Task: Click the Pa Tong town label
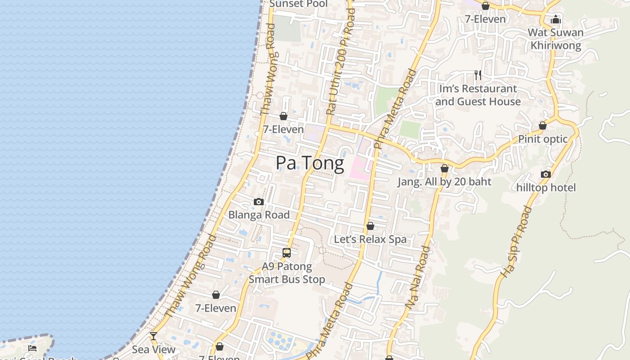pos(310,163)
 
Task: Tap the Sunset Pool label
pos(298,4)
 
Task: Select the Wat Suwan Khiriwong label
pos(555,39)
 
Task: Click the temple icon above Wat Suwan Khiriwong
pos(556,19)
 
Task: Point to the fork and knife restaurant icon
pos(478,75)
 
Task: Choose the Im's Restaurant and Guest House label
pos(478,95)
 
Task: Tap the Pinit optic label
pos(543,139)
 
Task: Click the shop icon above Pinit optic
pos(543,126)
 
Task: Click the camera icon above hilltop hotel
pos(546,174)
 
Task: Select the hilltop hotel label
pos(546,187)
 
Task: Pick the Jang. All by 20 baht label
pos(444,182)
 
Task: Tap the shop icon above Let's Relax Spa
pos(370,226)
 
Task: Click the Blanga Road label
pos(259,215)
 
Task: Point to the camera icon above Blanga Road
pos(258,202)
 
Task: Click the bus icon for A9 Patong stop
pos(287,253)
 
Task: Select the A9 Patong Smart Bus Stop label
pos(287,273)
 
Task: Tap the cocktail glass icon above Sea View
pos(153,336)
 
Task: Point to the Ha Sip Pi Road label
pos(516,242)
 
